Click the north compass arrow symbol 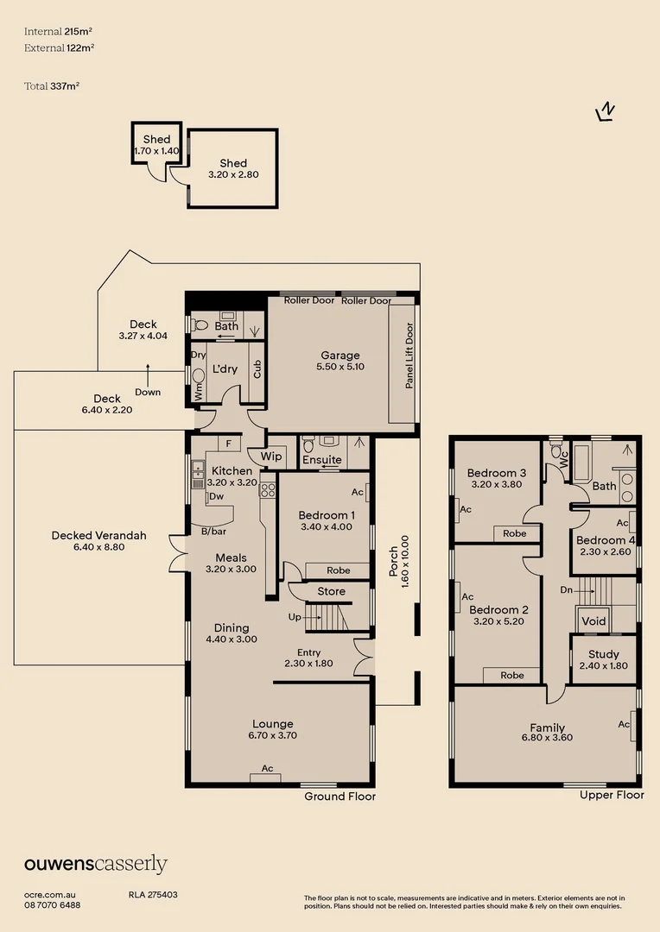[606, 112]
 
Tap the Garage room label [340, 356]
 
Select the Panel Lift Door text [409, 356]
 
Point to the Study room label [604, 655]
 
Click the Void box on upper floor [593, 621]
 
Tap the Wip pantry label [271, 457]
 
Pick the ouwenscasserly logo [95, 865]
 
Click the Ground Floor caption [340, 797]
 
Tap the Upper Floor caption [612, 795]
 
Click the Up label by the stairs [294, 618]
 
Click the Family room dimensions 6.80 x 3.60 [547, 738]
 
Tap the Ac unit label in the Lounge [267, 768]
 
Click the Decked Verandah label [98, 535]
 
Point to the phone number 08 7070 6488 [53, 904]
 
